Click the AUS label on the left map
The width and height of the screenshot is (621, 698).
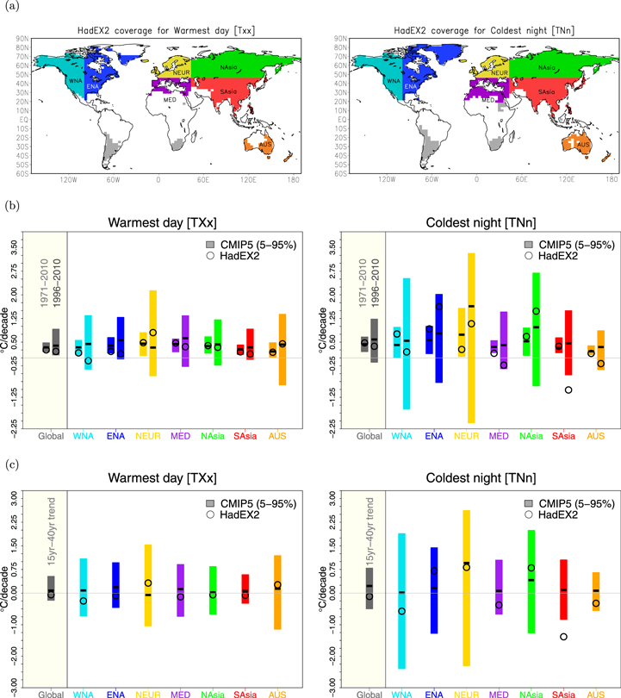pos(268,144)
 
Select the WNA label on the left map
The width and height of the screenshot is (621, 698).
pos(76,80)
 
